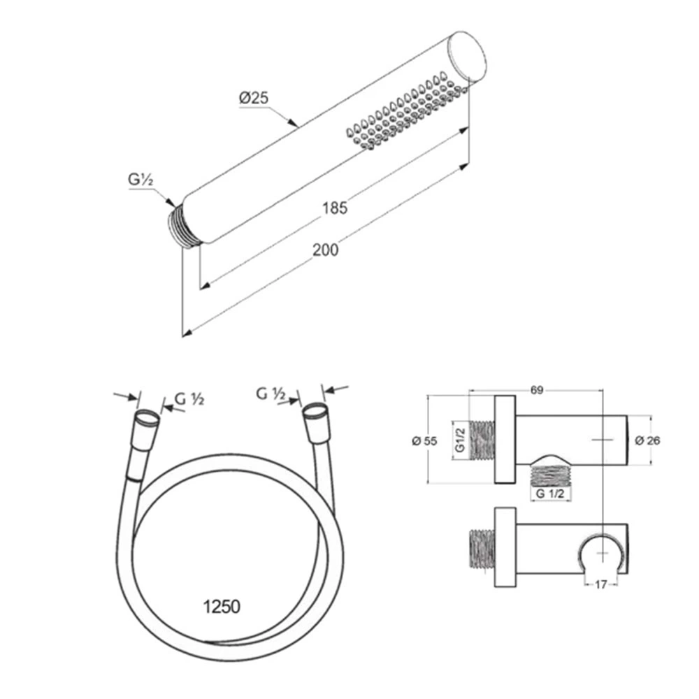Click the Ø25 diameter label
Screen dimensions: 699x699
(x=254, y=98)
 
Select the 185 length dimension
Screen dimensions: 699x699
(x=335, y=208)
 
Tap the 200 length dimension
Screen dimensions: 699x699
(x=326, y=250)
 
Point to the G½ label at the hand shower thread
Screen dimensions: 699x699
(x=141, y=180)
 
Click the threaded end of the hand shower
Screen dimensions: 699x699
(x=185, y=226)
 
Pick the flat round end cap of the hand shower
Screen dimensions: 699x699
(x=467, y=57)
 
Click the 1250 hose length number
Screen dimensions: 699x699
(x=222, y=606)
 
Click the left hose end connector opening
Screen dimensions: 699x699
(x=147, y=419)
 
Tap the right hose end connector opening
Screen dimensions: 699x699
(x=315, y=411)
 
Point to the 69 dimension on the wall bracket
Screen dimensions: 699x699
(x=537, y=390)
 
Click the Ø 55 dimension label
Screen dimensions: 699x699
(x=425, y=441)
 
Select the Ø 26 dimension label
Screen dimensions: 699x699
(x=647, y=440)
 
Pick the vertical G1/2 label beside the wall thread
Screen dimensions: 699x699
(x=461, y=440)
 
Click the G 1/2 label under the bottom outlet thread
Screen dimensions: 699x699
(x=550, y=493)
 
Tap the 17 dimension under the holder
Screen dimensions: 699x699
(x=601, y=584)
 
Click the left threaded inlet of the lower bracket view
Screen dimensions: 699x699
(x=482, y=549)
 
